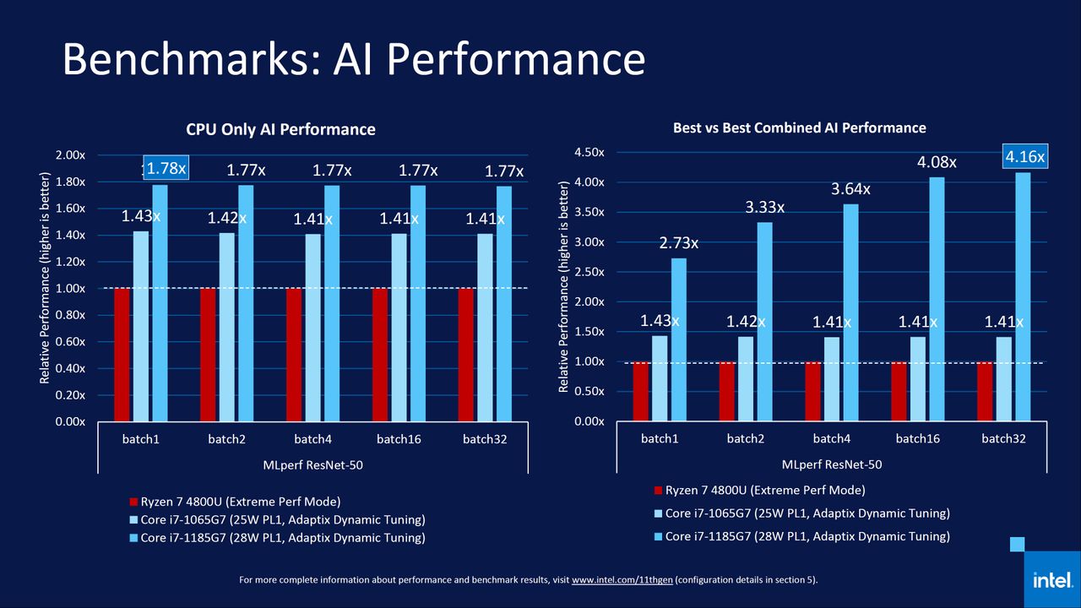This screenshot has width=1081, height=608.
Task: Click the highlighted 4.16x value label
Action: tap(1025, 156)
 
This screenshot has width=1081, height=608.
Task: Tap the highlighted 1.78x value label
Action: tap(166, 168)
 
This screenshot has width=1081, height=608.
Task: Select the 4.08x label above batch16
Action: tap(937, 162)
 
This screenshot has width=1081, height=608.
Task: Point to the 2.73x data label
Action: tap(678, 242)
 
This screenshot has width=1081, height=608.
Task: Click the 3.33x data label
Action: tap(764, 207)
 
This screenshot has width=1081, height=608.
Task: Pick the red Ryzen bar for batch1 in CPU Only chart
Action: tap(122, 355)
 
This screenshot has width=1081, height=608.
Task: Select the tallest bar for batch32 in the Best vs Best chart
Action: tap(1023, 296)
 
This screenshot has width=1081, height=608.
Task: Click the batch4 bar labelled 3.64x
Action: tap(850, 312)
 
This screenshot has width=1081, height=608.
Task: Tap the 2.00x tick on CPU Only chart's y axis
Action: tap(70, 155)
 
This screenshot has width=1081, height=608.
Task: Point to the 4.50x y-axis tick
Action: tap(589, 153)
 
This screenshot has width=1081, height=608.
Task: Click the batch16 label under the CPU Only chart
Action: tap(399, 439)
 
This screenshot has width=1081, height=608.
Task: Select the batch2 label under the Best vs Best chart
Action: tap(745, 438)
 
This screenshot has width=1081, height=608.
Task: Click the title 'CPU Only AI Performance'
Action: tap(280, 129)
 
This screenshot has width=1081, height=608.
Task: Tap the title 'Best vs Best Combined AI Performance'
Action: tap(799, 128)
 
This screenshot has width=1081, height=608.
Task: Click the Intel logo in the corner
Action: tap(1052, 579)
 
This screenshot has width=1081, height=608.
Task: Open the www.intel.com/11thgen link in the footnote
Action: tap(622, 579)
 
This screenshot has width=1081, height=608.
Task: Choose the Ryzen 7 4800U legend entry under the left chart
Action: tap(235, 502)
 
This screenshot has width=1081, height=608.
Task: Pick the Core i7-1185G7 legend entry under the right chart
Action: tap(801, 536)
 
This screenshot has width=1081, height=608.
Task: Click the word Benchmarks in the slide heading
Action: tap(192, 59)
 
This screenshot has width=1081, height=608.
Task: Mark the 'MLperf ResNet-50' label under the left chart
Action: tap(312, 465)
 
